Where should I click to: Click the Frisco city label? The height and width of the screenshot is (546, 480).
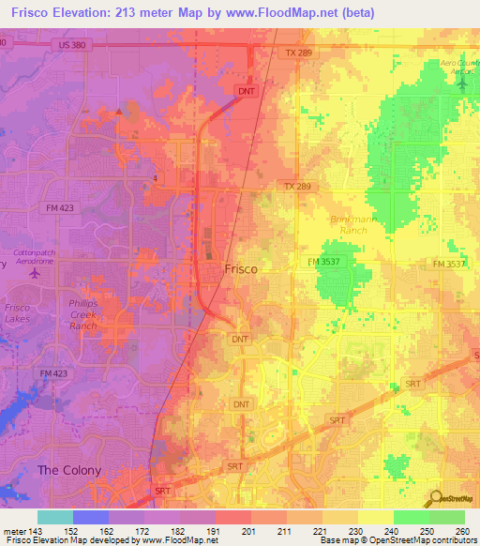pyautogui.click(x=241, y=268)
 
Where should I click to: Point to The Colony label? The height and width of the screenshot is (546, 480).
pyautogui.click(x=68, y=470)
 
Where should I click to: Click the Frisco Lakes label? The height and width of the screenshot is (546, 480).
pyautogui.click(x=17, y=312)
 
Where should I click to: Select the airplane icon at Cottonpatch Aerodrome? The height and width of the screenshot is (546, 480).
pyautogui.click(x=35, y=274)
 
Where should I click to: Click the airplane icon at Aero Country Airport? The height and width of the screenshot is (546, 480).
pyautogui.click(x=462, y=83)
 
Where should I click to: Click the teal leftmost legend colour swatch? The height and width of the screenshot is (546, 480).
pyautogui.click(x=55, y=517)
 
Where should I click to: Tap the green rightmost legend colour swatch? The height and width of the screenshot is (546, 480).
pyautogui.click(x=446, y=517)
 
